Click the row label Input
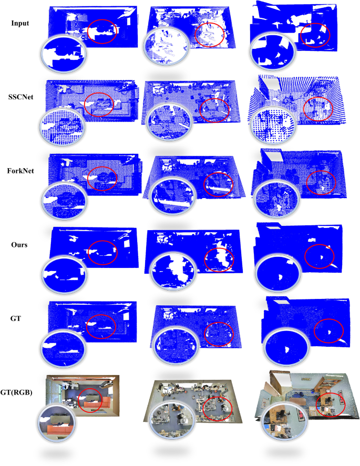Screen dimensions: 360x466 (x=20, y=23)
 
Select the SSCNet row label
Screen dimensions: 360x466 (x=21, y=97)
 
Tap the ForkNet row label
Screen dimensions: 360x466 (x=20, y=171)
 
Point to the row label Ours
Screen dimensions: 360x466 (x=19, y=245)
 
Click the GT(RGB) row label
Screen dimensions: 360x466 (x=16, y=392)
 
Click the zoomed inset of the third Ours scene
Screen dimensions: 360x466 (x=278, y=273)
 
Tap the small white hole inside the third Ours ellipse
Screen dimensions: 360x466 (x=321, y=257)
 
